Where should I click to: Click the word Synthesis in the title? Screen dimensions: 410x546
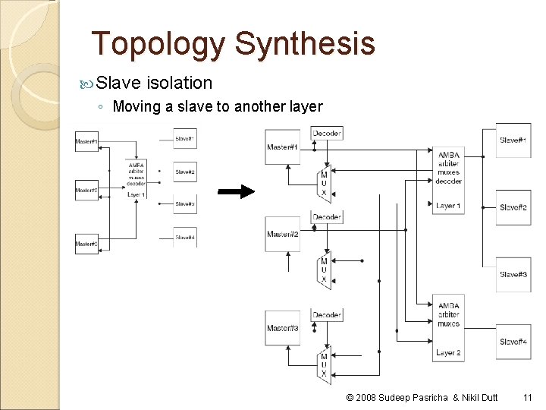305,44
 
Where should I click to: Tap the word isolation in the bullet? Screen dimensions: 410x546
180,82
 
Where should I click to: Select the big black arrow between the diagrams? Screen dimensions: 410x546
237,191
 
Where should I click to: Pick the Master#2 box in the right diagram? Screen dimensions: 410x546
282,235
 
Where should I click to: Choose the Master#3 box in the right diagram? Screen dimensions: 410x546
282,329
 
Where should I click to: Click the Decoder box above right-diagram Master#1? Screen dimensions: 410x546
327,134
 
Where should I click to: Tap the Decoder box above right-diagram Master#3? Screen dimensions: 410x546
327,314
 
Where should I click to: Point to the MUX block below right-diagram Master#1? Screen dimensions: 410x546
325,184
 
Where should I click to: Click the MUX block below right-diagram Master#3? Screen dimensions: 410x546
325,364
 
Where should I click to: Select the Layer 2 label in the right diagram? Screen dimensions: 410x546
448,352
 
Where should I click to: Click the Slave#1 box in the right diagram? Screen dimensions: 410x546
513,140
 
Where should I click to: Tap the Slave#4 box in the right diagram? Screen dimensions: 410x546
513,342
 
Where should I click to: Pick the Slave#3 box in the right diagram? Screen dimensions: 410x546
513,275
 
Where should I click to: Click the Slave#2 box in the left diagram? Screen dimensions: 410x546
185,172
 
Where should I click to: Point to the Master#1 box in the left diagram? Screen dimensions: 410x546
86,141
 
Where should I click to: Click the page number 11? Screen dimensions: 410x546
528,397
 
